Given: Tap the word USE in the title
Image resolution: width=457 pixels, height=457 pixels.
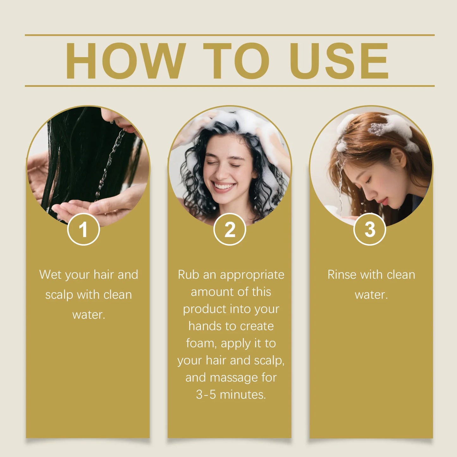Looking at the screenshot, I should point(339,61).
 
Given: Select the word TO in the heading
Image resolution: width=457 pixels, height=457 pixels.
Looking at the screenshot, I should point(236,61).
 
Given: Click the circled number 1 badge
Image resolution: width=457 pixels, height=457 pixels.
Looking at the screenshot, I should point(83,229).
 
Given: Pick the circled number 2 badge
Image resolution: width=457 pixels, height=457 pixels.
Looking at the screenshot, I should point(230,229).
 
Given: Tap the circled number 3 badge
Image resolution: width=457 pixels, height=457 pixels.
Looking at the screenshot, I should point(370,229).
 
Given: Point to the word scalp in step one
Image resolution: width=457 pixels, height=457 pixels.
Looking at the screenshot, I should point(59,295).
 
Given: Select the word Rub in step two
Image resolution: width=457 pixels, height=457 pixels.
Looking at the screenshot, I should point(188,275).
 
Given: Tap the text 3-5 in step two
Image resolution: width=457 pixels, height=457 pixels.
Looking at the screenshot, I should point(206,394).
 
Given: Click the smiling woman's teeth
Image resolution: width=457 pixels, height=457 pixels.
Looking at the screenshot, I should point(224,186).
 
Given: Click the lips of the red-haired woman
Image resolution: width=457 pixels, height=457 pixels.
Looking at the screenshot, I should point(384,201).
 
